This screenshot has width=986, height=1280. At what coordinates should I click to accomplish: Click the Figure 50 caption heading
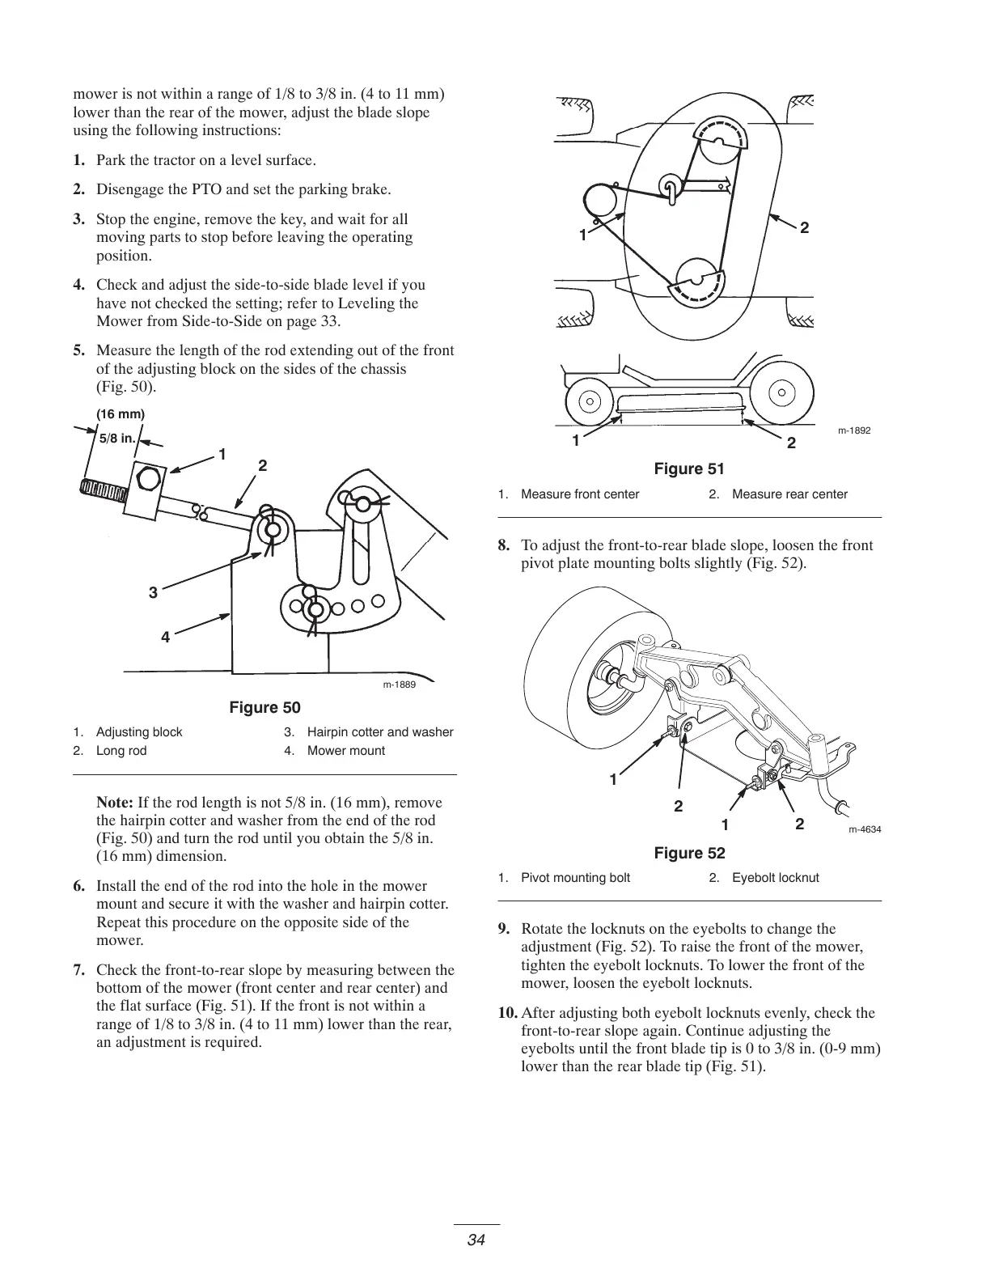(264, 708)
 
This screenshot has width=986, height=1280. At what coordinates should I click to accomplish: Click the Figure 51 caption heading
(689, 469)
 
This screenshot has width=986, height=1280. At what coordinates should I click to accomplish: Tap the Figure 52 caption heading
(689, 854)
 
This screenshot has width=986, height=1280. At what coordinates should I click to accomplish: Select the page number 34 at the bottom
(476, 1240)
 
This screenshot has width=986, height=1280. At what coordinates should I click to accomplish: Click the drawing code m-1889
(399, 685)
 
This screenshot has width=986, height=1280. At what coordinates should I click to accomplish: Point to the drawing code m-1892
(854, 430)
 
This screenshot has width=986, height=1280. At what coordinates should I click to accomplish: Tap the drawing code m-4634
(865, 830)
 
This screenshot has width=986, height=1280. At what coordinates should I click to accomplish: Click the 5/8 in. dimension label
(116, 438)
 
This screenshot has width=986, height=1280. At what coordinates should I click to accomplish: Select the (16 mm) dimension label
(121, 414)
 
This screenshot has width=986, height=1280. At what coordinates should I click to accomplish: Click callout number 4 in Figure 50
(165, 638)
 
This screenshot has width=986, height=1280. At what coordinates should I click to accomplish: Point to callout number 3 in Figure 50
(153, 593)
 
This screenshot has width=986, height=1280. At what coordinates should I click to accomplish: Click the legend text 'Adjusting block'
(139, 732)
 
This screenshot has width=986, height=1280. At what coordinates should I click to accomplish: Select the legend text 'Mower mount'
(346, 751)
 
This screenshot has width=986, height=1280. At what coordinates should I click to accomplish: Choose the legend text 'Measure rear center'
(789, 494)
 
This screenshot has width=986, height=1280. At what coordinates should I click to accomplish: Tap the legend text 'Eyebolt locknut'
(775, 878)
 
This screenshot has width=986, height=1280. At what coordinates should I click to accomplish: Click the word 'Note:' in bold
(115, 803)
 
